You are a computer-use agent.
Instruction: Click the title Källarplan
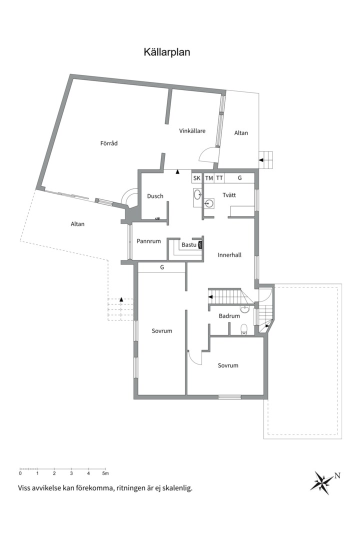tap(166, 52)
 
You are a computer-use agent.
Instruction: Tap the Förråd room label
tap(109, 143)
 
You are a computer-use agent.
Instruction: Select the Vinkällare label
tap(192, 131)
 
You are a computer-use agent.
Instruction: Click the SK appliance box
tap(196, 178)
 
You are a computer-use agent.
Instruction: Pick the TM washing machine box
tap(209, 178)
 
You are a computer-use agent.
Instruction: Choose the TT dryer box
tap(219, 178)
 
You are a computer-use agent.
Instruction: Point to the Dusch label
tap(155, 196)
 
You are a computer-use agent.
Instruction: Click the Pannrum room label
tap(149, 241)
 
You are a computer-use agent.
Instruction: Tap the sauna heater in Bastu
tap(200, 244)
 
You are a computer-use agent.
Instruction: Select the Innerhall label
tap(229, 255)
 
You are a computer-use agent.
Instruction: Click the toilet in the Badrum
tap(244, 329)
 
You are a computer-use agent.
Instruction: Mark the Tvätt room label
tap(229, 195)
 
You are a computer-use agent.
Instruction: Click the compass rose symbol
tap(322, 482)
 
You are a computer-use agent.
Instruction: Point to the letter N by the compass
tap(337, 476)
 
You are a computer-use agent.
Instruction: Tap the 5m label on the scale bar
tap(105, 473)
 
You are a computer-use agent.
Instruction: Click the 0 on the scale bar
tap(20, 473)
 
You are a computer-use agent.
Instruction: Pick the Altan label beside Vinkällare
tap(241, 132)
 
